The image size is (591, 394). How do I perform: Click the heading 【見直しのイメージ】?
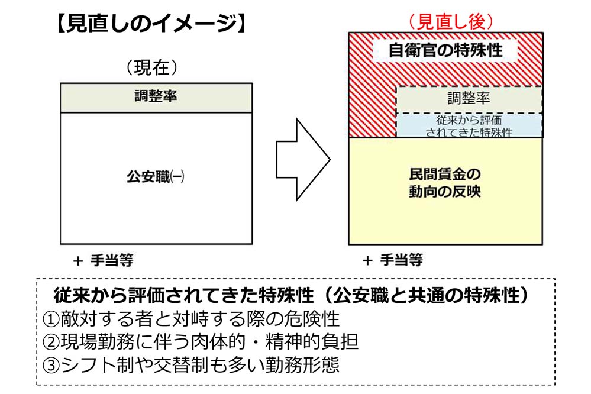pyautogui.click(x=151, y=24)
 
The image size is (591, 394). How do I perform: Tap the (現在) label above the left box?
pyautogui.click(x=151, y=67)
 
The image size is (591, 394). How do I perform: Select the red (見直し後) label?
pyautogui.click(x=451, y=21)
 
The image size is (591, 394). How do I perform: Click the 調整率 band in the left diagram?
pyautogui.click(x=156, y=98)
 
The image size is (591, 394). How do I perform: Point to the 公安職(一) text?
pyautogui.click(x=155, y=176)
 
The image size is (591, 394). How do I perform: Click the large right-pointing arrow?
pyautogui.click(x=303, y=160)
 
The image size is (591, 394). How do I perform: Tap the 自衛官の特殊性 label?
pyautogui.click(x=445, y=50)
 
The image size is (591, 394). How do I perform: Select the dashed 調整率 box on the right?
pyautogui.click(x=469, y=99)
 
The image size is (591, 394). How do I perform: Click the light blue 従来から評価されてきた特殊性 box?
pyautogui.click(x=469, y=125)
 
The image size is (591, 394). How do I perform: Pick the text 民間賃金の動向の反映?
pyautogui.click(x=445, y=183)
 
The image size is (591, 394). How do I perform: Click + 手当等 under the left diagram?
pyautogui.click(x=104, y=260)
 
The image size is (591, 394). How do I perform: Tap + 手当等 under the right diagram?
pyautogui.click(x=393, y=260)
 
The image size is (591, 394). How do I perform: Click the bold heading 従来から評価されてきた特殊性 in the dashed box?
pyautogui.click(x=183, y=295)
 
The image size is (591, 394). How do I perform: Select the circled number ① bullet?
pyautogui.click(x=51, y=319)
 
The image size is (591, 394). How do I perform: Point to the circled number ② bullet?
pyautogui.click(x=51, y=343)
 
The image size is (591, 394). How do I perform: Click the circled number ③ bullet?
pyautogui.click(x=51, y=365)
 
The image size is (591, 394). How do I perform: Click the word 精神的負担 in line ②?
pyautogui.click(x=312, y=342)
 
